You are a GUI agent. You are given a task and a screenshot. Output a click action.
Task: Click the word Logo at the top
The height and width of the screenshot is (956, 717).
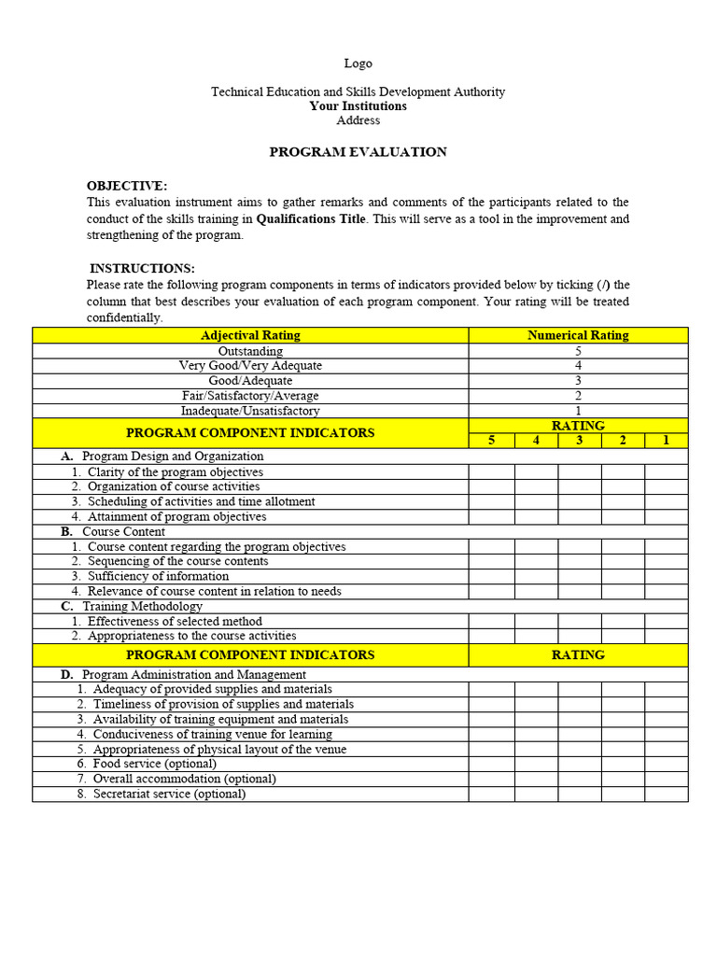(358, 63)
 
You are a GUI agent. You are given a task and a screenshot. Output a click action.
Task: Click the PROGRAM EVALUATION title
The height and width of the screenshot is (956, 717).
(358, 152)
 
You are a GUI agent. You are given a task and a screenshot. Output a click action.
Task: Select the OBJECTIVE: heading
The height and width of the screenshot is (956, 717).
(127, 186)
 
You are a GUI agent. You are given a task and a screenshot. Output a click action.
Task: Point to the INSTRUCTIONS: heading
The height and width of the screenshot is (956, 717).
(142, 269)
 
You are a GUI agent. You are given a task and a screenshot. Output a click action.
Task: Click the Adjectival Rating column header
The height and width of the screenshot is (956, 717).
(250, 335)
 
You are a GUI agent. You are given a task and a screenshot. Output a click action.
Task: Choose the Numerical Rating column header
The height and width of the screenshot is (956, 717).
(578, 335)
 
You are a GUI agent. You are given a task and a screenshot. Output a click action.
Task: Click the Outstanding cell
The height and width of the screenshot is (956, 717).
(250, 351)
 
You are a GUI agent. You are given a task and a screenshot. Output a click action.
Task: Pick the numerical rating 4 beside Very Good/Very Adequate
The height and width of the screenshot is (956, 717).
(578, 366)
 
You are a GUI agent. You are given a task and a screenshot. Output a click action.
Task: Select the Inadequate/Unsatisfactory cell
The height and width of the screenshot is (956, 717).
(250, 411)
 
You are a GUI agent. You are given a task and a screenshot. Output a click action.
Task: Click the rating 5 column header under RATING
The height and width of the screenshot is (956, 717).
(492, 441)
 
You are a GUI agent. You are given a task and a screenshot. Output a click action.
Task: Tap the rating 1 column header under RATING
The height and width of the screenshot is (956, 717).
(666, 441)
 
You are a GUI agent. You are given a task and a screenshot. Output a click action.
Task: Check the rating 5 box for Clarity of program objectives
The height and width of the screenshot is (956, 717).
(492, 472)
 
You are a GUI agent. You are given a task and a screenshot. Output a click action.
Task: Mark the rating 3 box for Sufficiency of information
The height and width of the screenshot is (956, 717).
(580, 577)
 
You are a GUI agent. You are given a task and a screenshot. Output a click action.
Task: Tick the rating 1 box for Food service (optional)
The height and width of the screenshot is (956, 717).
(666, 765)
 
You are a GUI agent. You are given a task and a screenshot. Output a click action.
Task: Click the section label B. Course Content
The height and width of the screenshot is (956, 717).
(114, 532)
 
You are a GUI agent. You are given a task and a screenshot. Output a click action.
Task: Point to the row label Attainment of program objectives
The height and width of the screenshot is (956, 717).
(176, 517)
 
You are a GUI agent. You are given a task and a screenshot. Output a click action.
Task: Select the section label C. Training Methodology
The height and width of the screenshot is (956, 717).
(132, 607)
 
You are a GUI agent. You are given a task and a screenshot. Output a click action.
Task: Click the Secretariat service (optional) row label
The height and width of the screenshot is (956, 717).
(169, 794)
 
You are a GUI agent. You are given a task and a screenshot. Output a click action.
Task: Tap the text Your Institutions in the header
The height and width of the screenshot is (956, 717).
(358, 106)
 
